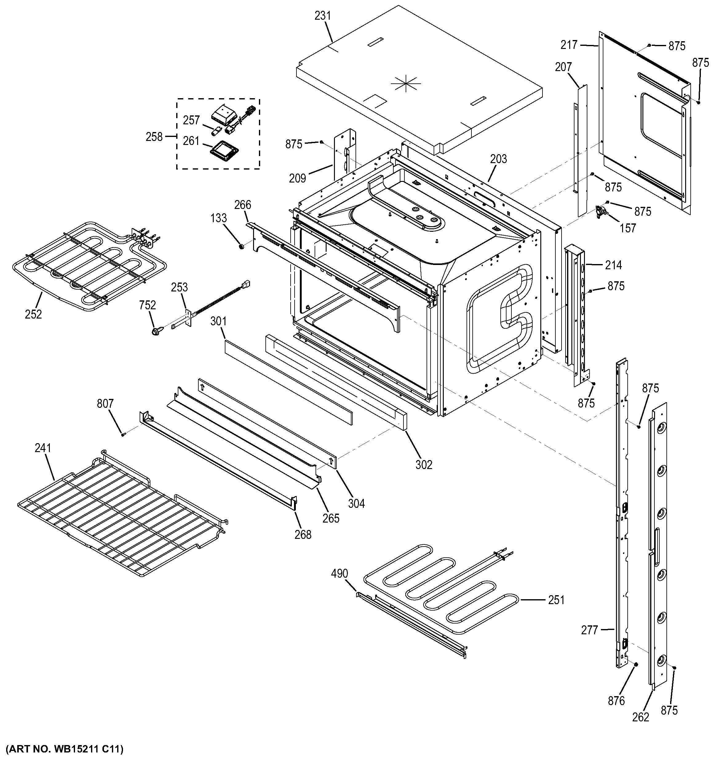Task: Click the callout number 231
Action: click(x=323, y=16)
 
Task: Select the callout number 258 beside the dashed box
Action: click(x=154, y=137)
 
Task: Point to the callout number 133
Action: click(x=218, y=218)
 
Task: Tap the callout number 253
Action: click(x=179, y=287)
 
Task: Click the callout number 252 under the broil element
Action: click(x=33, y=314)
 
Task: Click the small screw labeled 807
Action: click(x=123, y=434)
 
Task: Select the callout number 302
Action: click(x=423, y=465)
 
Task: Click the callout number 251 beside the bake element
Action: click(x=556, y=600)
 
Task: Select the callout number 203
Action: click(x=499, y=159)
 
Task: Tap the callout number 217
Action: click(x=569, y=45)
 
